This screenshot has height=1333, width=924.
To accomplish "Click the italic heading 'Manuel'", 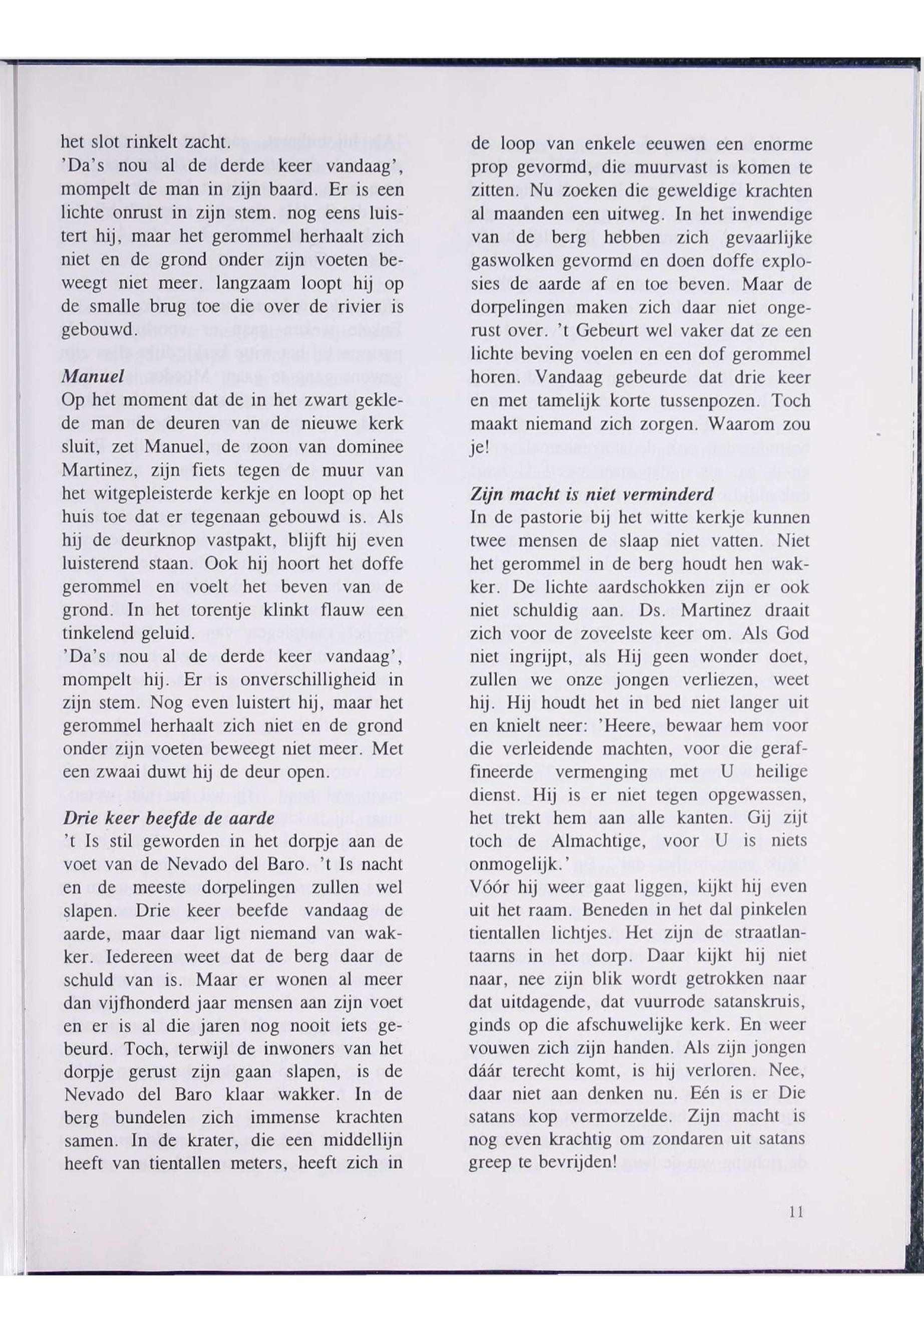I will (93, 375).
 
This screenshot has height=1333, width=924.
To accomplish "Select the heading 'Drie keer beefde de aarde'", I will (168, 818).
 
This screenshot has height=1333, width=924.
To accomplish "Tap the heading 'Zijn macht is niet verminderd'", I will (591, 494).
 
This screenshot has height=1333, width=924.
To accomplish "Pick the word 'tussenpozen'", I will (712, 401).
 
